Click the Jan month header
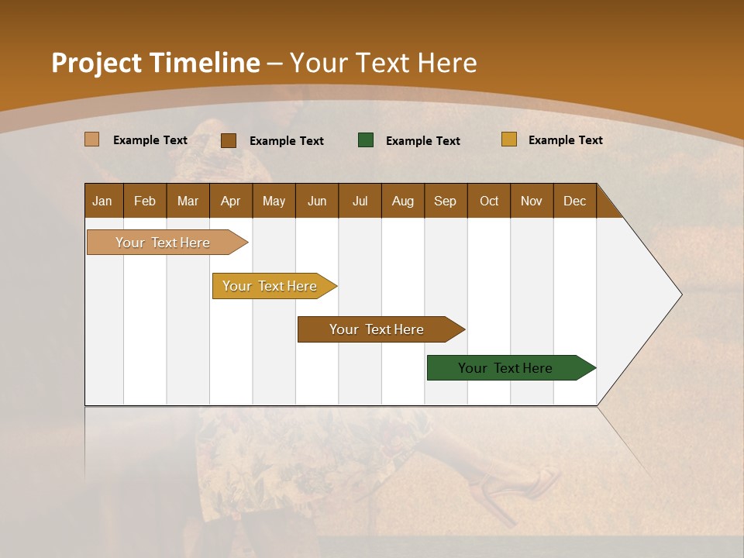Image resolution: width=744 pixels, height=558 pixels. pyautogui.click(x=103, y=201)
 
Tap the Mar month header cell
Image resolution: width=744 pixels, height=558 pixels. pyautogui.click(x=188, y=201)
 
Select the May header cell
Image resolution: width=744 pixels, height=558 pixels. pyautogui.click(x=274, y=201)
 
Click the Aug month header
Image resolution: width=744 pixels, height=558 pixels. pyautogui.click(x=402, y=201)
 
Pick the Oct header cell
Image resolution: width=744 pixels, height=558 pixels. pyautogui.click(x=488, y=201)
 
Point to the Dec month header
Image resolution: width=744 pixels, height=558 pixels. pyautogui.click(x=574, y=201)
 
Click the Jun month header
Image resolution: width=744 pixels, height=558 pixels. pyautogui.click(x=316, y=201)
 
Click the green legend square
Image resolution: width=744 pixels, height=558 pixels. pyautogui.click(x=366, y=140)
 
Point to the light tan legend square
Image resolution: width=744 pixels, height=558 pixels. pyautogui.click(x=91, y=139)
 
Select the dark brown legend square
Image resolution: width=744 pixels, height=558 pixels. pyautogui.click(x=229, y=140)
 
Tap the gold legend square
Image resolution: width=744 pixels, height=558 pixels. pyautogui.click(x=509, y=139)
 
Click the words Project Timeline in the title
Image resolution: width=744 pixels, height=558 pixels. pyautogui.click(x=155, y=63)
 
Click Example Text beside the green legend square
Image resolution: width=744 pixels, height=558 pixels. pyautogui.click(x=422, y=141)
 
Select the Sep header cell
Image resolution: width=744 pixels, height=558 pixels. pyautogui.click(x=445, y=201)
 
